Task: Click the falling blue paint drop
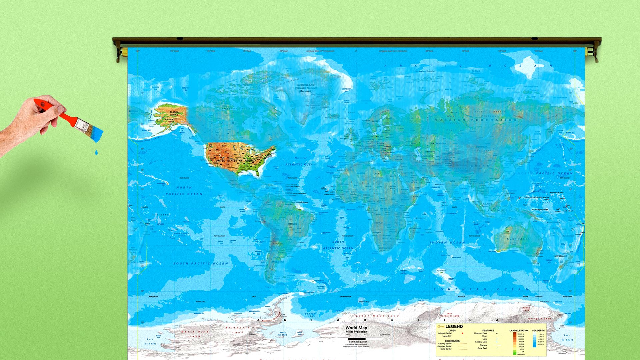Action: click(x=96, y=152)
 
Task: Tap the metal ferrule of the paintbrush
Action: click(x=81, y=124)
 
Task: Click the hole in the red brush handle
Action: click(x=42, y=105)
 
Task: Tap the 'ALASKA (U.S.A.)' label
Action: click(x=174, y=113)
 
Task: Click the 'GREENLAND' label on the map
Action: click(x=306, y=85)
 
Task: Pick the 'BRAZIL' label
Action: click(x=293, y=224)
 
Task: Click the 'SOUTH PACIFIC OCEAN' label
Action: click(x=201, y=264)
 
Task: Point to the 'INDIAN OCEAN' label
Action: click(x=447, y=243)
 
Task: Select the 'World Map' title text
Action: click(x=356, y=328)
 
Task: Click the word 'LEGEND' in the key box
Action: click(x=454, y=326)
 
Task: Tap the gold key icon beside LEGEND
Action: click(x=441, y=326)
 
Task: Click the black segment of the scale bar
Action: click(x=357, y=339)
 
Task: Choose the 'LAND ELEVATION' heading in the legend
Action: click(x=519, y=330)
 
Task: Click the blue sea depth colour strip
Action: click(x=535, y=340)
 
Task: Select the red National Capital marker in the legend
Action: click(x=462, y=333)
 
